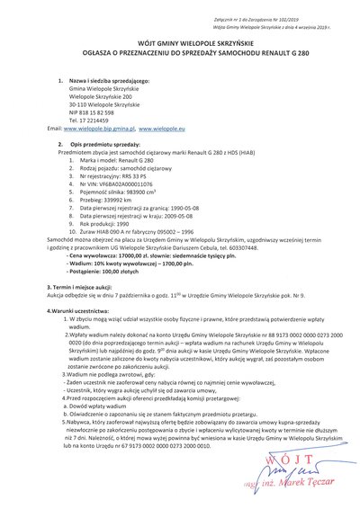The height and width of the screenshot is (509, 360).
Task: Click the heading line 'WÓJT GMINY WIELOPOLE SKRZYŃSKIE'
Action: (x=180, y=41)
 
